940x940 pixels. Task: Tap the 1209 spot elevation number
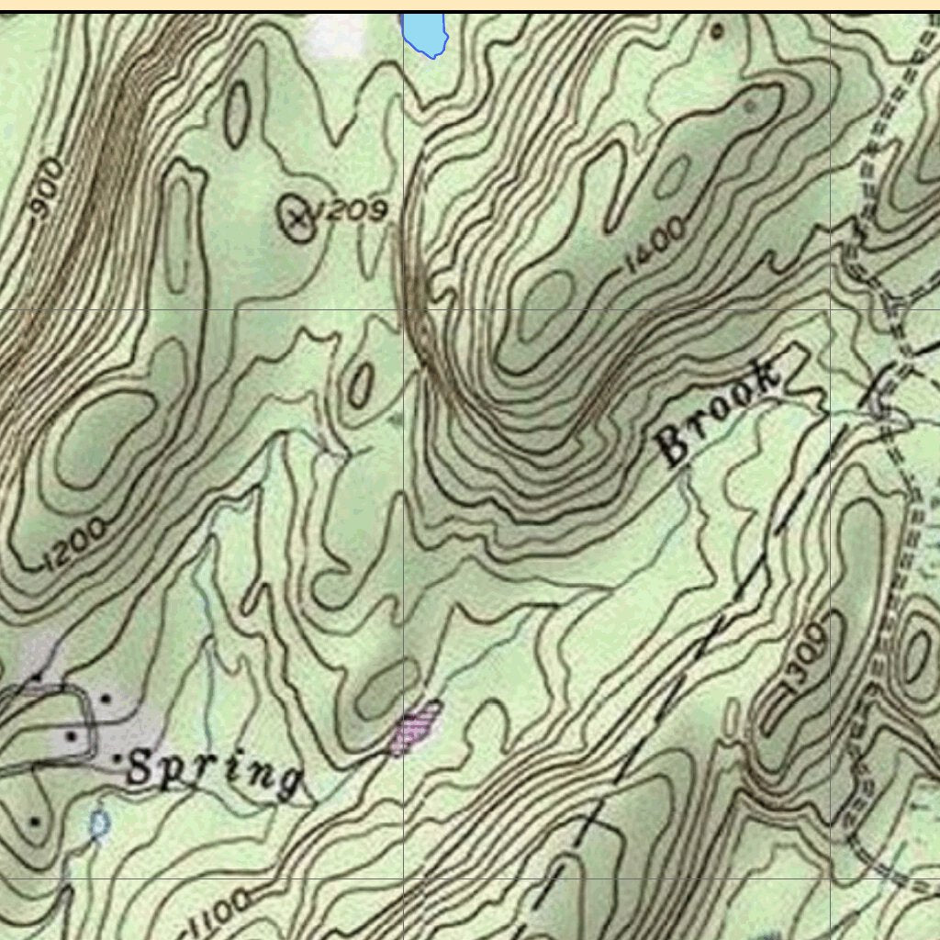(349, 212)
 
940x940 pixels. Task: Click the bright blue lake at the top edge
(425, 33)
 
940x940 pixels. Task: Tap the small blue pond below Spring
(99, 823)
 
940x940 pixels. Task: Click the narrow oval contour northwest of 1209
(237, 114)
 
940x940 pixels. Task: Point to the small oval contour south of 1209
(360, 384)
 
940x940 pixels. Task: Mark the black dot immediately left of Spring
(118, 760)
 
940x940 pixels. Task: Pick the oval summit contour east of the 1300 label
(916, 655)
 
